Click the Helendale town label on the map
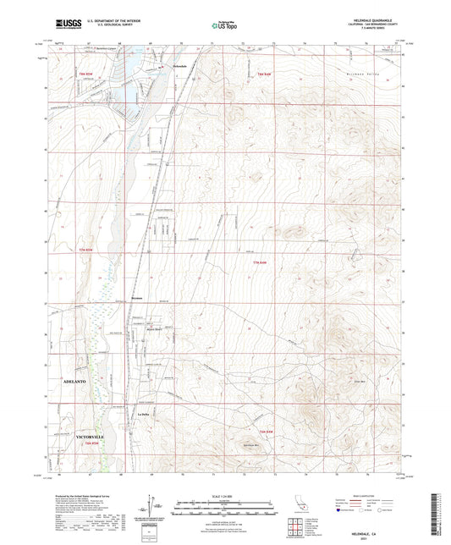point(179,66)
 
